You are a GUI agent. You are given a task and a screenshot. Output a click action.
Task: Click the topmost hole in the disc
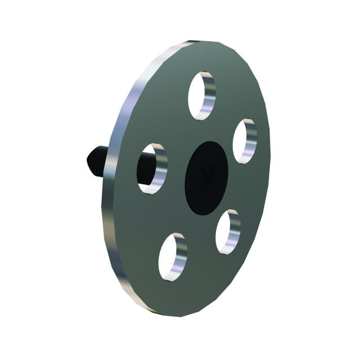click(x=202, y=95)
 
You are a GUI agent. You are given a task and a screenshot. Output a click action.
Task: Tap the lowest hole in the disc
click(x=173, y=258)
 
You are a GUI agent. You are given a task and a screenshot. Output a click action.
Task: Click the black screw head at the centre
click(x=206, y=177)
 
